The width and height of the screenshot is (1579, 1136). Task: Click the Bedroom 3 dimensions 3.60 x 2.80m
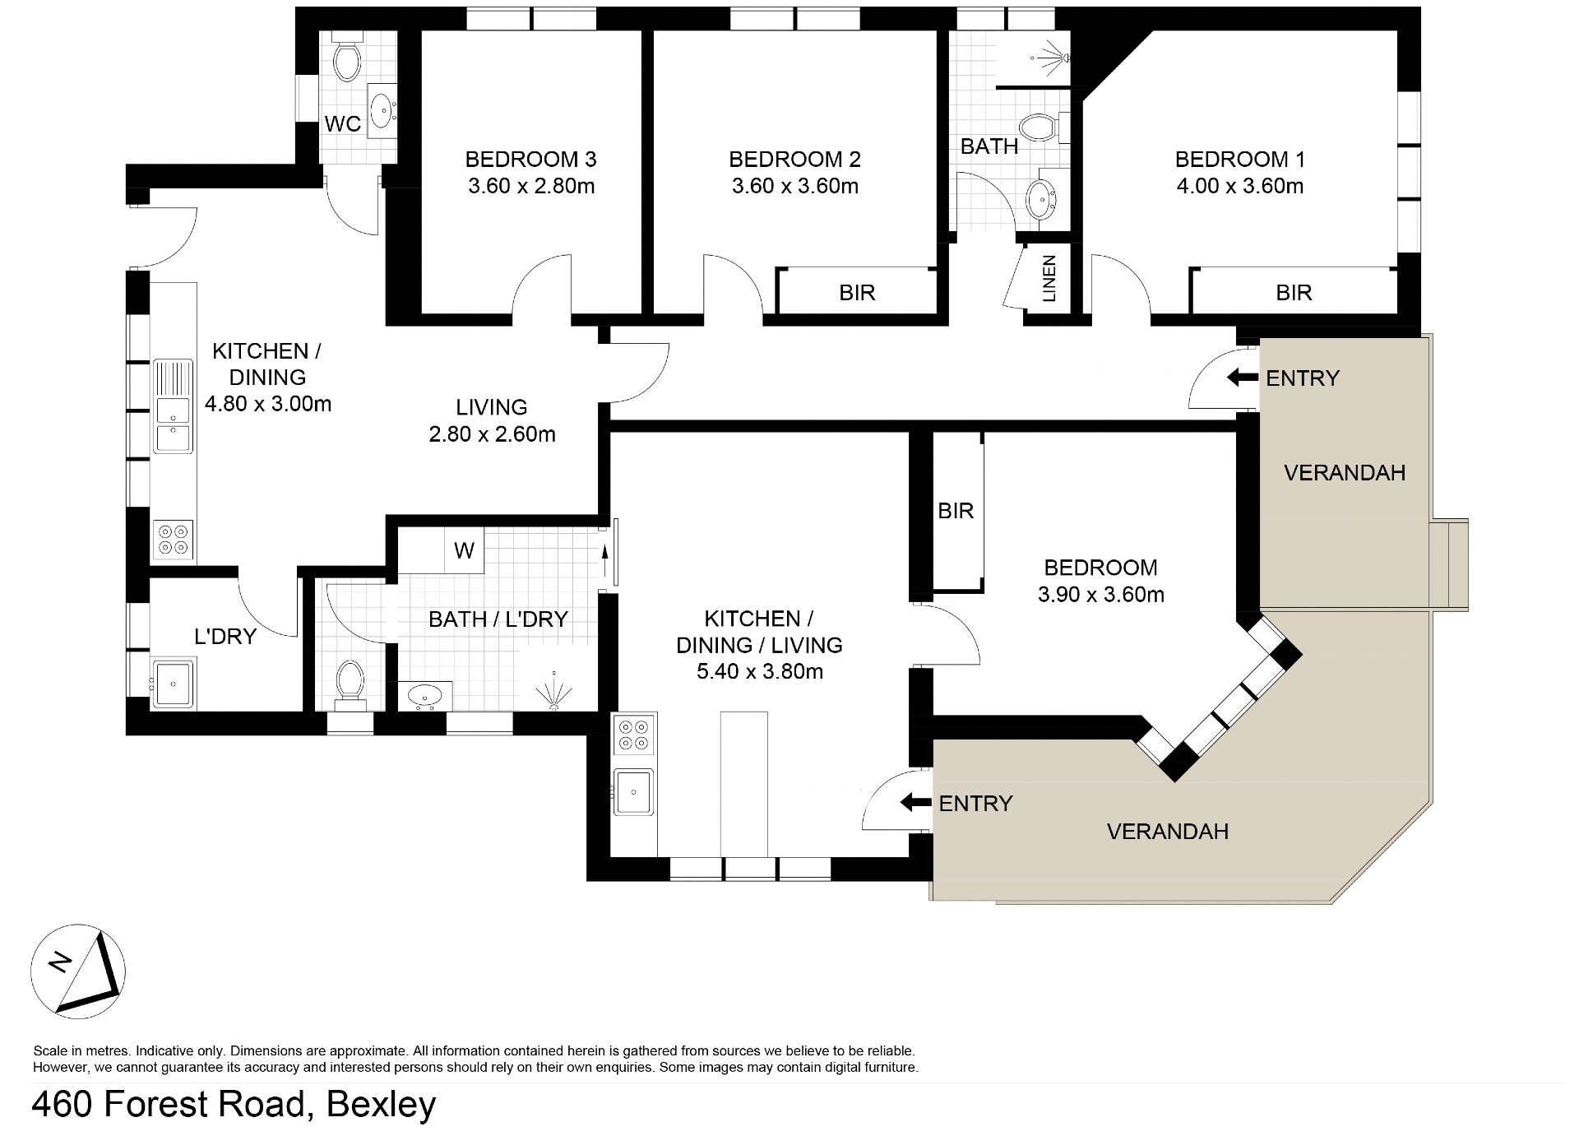tap(530, 186)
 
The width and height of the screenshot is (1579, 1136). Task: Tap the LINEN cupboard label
tap(1049, 279)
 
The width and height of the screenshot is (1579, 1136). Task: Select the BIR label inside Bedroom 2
tap(857, 292)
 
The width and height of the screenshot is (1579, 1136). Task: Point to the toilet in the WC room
tap(347, 60)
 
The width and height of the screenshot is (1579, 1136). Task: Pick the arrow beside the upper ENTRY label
tap(1242, 378)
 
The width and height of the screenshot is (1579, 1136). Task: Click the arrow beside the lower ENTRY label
tap(915, 802)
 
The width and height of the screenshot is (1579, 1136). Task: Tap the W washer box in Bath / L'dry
tap(464, 551)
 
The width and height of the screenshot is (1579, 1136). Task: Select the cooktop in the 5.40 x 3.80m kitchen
tap(634, 735)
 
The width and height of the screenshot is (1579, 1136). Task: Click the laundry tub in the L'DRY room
tap(173, 683)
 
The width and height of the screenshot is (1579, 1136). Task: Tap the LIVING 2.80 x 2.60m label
tap(492, 420)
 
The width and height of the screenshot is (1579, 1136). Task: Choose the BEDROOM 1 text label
tap(1239, 159)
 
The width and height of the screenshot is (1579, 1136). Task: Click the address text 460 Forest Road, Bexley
tap(234, 1104)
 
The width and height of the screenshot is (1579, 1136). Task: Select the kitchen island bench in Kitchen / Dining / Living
tap(743, 784)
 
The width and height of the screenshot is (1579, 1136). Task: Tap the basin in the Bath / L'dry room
tap(424, 696)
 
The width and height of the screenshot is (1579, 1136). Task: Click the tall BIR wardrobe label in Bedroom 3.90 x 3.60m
tap(956, 511)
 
